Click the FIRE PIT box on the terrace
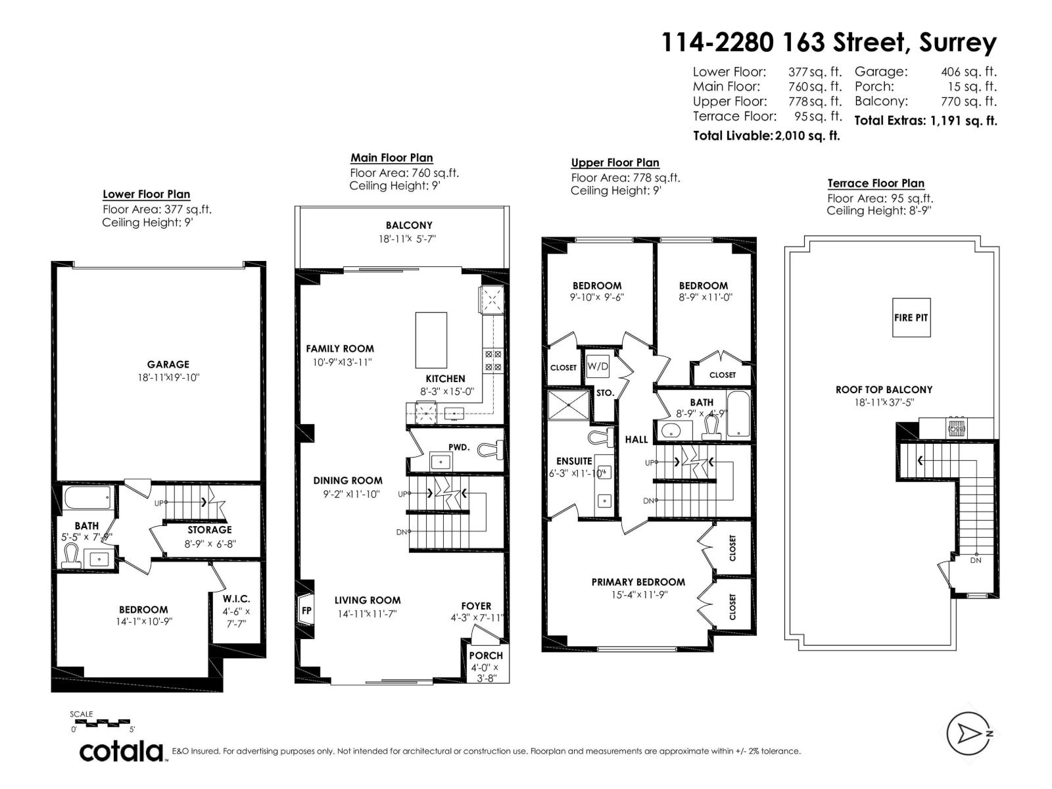911,318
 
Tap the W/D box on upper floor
597,366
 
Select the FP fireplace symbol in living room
306,610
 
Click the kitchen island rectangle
431,340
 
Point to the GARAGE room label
168,364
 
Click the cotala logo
121,751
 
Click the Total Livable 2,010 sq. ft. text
767,136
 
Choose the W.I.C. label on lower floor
236,599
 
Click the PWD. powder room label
459,447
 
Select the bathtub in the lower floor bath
89,498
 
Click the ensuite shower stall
569,406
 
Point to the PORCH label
486,656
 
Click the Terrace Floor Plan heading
875,183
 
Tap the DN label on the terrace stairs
976,560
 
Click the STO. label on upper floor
605,393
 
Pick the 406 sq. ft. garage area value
968,72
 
